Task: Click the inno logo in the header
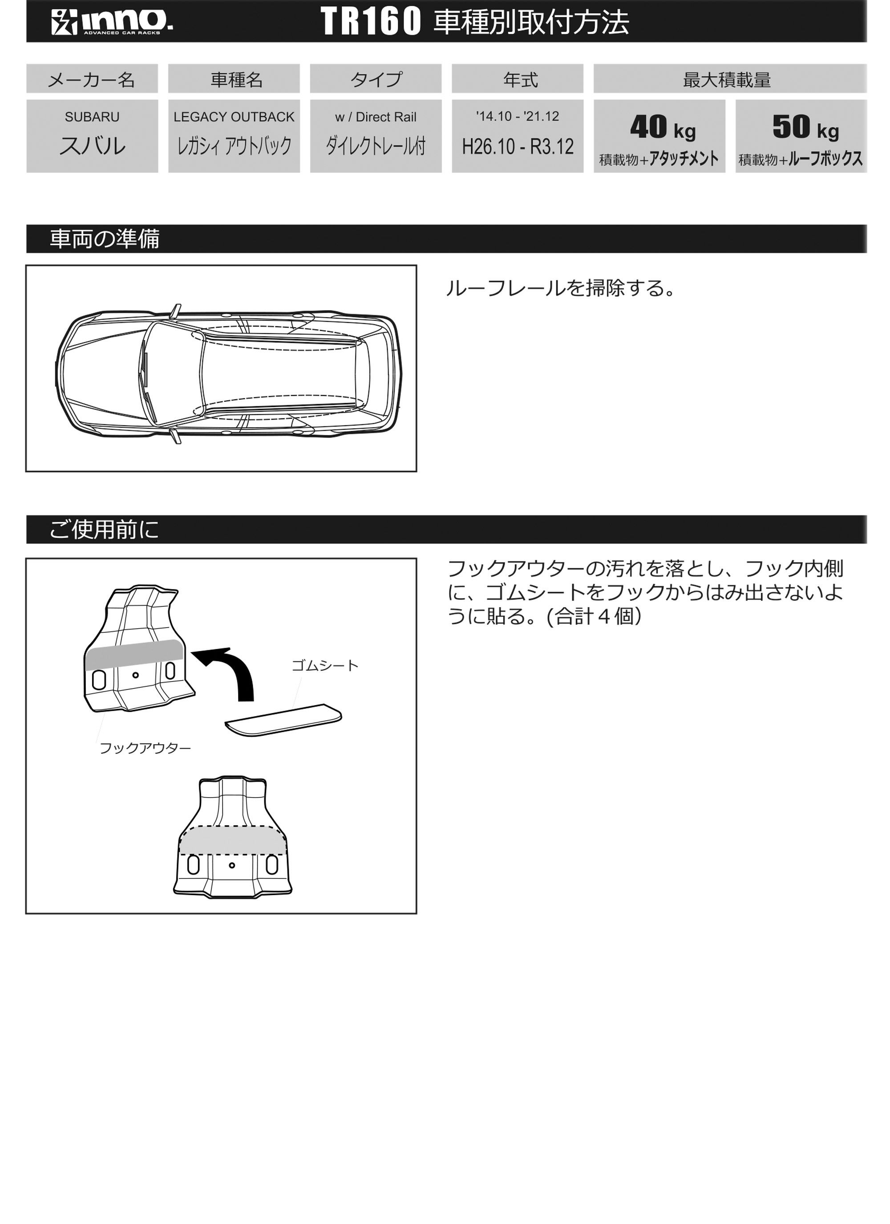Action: coord(112,22)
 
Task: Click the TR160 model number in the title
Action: coord(370,22)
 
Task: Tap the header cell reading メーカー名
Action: coord(92,79)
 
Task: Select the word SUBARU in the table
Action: coord(92,117)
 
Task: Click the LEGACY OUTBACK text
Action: coord(234,117)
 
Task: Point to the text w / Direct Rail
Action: coord(375,117)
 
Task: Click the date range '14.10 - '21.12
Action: coord(517,116)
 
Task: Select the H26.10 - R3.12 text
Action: coord(517,146)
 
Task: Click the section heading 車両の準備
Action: coord(104,239)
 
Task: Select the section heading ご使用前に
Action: coord(104,529)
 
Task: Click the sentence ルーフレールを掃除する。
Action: coord(560,288)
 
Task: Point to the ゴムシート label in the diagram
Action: coord(324,665)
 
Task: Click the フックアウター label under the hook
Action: coord(145,747)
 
